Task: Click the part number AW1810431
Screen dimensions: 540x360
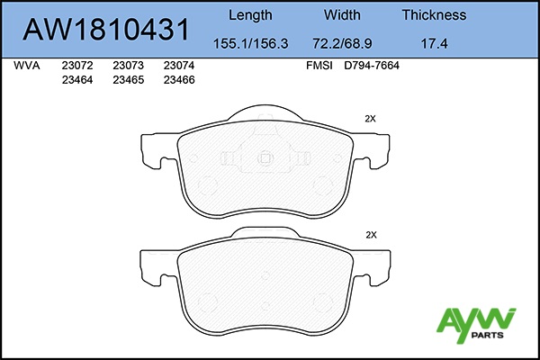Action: (105, 30)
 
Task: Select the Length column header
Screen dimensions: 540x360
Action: (250, 15)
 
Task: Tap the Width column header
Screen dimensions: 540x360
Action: (342, 15)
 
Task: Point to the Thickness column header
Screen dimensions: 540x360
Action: (434, 15)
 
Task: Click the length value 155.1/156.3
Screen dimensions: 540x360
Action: (251, 44)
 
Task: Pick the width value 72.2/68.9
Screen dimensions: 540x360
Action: (342, 44)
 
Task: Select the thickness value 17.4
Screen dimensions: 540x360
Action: (434, 44)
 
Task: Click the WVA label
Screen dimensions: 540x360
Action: (26, 66)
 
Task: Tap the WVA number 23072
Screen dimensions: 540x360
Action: (77, 66)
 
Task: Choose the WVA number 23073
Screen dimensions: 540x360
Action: (128, 66)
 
